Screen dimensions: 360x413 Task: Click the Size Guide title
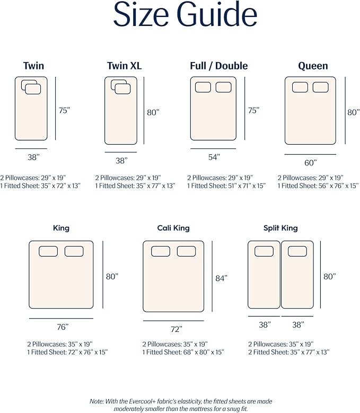tap(185, 14)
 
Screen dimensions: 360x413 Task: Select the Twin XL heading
tap(124, 66)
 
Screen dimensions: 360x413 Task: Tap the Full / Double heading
tap(219, 66)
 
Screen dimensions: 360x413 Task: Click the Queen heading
tap(313, 66)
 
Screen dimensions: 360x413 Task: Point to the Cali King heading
tap(173, 228)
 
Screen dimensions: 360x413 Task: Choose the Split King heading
tap(280, 228)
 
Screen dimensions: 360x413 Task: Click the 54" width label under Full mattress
tap(214, 157)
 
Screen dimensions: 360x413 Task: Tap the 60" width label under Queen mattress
tap(311, 163)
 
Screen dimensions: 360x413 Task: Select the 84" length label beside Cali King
tap(221, 278)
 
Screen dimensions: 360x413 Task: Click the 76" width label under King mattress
tap(63, 327)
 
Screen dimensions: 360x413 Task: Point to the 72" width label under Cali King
tap(177, 329)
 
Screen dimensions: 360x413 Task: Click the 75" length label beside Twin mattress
tap(64, 110)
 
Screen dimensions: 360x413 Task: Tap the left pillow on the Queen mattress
tap(300, 87)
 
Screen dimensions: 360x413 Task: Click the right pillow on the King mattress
tap(74, 251)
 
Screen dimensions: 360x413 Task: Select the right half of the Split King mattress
tap(297, 275)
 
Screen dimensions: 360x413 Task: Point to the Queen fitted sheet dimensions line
tap(318, 186)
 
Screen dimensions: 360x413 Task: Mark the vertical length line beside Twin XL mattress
tap(144, 111)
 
